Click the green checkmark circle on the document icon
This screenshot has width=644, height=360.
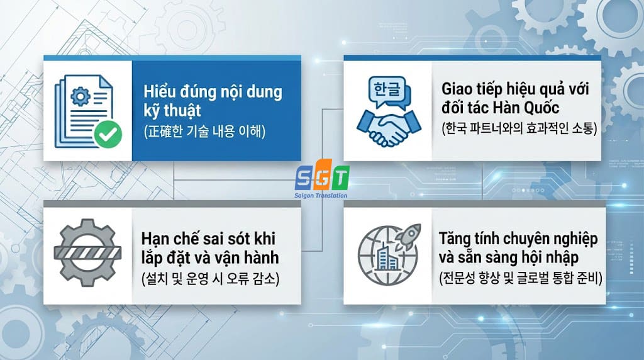pos(108,134)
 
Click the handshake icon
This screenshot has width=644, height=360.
pos(388,127)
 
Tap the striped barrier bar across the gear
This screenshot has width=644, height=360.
pos(87,254)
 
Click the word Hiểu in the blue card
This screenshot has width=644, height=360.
pos(160,92)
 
